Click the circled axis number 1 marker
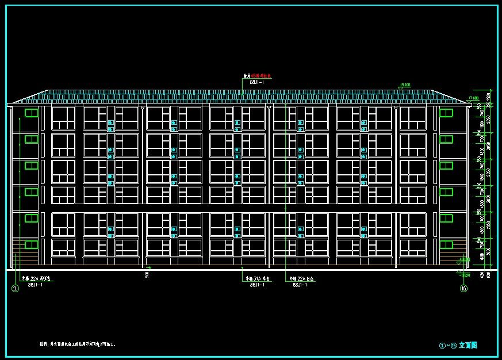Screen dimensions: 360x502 [16, 289]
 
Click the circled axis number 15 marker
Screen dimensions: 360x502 [463, 289]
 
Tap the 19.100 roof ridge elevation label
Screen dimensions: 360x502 [404, 85]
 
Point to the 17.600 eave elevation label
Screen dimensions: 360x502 [474, 98]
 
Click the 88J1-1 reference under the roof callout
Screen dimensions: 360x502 [256, 82]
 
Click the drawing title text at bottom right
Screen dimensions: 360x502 [458, 346]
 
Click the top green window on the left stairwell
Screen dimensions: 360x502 [31, 113]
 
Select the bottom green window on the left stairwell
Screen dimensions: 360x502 [31, 244]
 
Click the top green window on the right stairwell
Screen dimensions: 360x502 [447, 113]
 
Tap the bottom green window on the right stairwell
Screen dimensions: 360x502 [447, 244]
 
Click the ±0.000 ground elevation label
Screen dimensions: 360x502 [465, 259]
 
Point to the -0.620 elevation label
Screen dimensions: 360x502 [465, 275]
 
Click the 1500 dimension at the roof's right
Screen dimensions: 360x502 [489, 96]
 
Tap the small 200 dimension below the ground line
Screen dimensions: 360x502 [147, 275]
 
